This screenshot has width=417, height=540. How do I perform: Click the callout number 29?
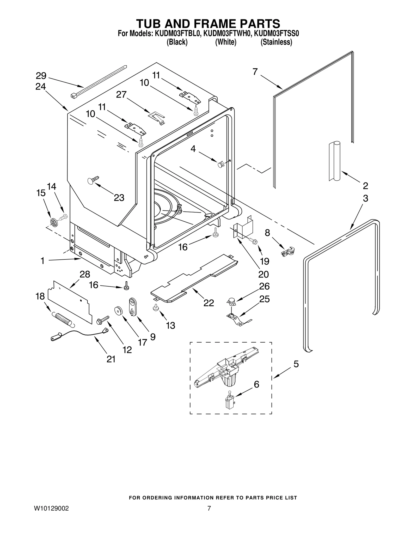coord(41,76)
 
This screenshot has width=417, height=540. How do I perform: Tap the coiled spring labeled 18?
coord(62,319)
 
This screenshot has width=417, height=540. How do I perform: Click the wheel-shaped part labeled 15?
coord(54,222)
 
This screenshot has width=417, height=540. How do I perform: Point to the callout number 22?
coord(208,303)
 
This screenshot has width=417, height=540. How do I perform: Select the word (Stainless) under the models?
coord(276,42)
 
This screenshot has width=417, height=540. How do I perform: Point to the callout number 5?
coord(296,364)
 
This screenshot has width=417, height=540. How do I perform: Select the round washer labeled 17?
coord(118,311)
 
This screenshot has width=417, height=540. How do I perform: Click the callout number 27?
coord(121,94)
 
